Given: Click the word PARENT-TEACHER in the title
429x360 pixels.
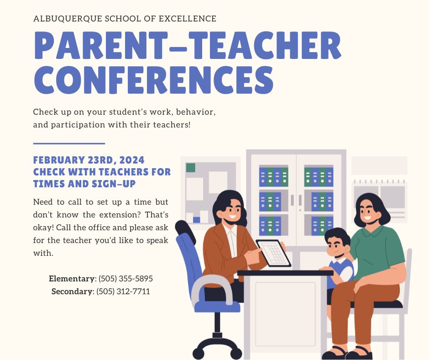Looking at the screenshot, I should point(187,44).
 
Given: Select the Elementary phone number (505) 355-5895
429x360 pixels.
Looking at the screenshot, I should point(126,279).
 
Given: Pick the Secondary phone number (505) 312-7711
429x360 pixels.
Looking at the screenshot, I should point(123,291).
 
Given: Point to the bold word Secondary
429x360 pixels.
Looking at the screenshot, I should point(72,291).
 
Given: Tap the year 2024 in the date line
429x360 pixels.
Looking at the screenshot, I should point(132,160).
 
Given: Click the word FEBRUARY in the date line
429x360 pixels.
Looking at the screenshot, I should point(57,160).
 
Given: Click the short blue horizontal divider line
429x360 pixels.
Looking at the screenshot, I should point(69,143).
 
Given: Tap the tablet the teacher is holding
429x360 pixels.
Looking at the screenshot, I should point(273,253).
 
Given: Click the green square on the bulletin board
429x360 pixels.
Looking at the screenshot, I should point(191,168).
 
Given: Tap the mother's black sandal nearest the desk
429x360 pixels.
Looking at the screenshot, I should point(335,353).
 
